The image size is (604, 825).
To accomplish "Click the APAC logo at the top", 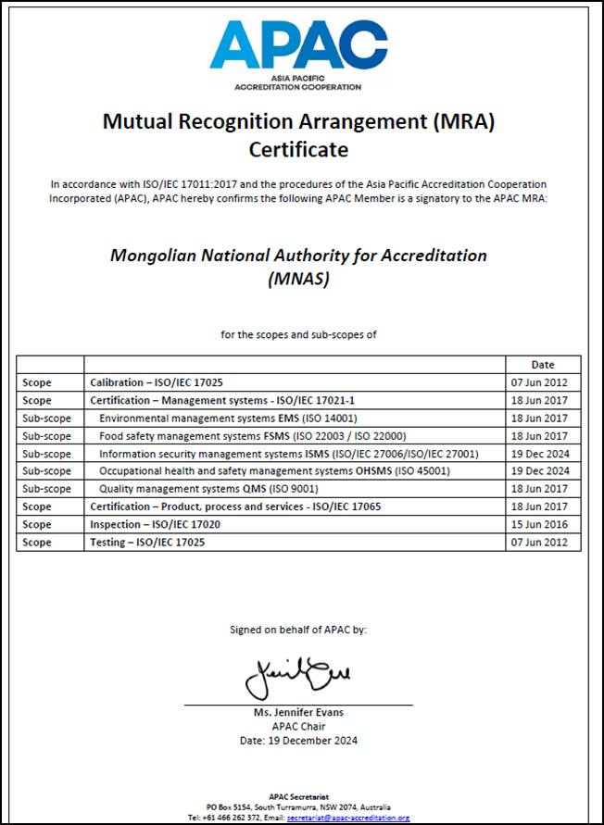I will [x=297, y=53].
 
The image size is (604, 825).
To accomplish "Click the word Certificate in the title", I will [x=298, y=149].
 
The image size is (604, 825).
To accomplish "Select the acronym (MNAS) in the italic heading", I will [x=298, y=278].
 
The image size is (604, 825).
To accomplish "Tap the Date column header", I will [x=543, y=364].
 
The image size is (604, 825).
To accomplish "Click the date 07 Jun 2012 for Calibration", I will [x=543, y=381].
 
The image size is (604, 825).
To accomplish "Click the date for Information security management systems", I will [x=543, y=454].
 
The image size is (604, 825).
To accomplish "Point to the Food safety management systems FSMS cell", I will [x=252, y=435].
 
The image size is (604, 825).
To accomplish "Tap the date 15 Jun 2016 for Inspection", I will [x=543, y=524].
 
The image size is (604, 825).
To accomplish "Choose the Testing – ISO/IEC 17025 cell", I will [x=146, y=543].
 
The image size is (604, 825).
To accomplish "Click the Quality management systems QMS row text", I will [x=208, y=489].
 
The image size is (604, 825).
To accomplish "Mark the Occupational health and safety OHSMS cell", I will [x=273, y=471].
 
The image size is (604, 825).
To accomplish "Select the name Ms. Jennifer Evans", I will [x=297, y=713].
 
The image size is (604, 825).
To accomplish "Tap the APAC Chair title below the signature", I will [x=297, y=727].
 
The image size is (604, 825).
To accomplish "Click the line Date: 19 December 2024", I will [x=297, y=740].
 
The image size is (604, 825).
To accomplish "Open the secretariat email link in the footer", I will [x=347, y=818].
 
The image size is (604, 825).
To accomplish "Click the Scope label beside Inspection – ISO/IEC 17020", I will [x=37, y=524].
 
